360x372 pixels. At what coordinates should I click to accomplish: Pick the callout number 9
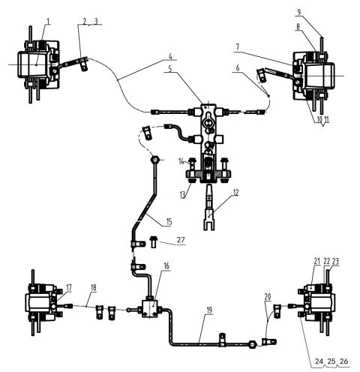point(321,12)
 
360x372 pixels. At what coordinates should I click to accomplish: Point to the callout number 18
point(94,287)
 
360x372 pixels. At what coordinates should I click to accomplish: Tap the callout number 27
point(180,240)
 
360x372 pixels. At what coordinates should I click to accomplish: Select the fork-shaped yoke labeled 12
point(212,219)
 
